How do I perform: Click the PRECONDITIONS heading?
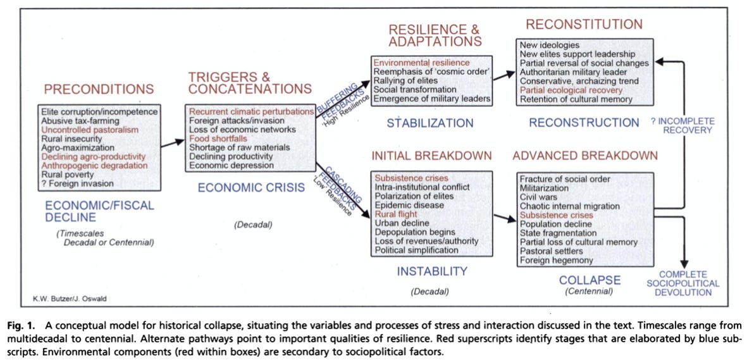click(x=99, y=89)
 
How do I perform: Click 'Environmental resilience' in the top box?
click(x=421, y=63)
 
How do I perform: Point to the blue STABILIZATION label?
click(x=431, y=123)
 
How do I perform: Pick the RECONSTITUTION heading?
click(x=584, y=25)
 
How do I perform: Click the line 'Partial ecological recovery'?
click(x=571, y=90)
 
